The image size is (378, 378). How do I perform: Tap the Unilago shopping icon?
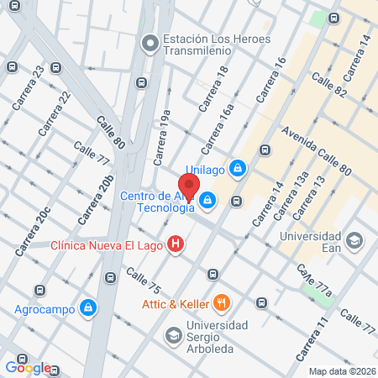239,168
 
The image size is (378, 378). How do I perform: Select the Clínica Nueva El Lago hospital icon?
176,245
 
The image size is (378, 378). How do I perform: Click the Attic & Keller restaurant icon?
222,302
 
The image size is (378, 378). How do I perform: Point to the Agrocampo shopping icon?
87,308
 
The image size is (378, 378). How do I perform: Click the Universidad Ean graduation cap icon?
354,241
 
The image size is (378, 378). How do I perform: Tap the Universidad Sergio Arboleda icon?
173,335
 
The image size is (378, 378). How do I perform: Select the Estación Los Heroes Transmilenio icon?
150,42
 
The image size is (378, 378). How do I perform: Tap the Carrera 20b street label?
96,200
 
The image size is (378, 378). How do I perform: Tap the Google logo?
28,367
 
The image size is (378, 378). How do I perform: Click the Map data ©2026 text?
341,371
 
